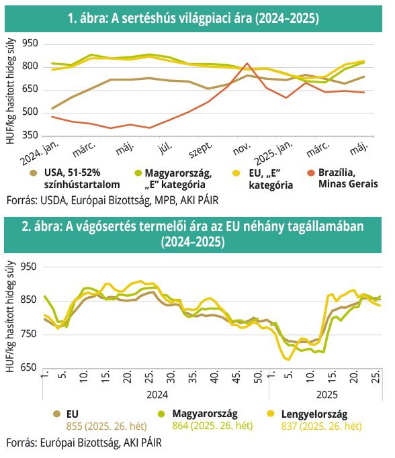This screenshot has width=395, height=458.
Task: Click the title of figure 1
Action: (193, 19)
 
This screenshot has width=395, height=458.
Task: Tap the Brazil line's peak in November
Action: (247, 63)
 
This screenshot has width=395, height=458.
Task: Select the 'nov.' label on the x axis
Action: (242, 149)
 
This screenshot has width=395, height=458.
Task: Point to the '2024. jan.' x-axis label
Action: (40, 153)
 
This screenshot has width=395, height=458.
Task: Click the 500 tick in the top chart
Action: (30, 112)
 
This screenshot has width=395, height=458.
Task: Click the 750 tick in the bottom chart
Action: (28, 334)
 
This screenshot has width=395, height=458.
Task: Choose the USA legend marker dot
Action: (34, 173)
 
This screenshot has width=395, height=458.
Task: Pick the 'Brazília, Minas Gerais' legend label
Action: (348, 178)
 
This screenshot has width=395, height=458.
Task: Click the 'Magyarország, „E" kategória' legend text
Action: (178, 179)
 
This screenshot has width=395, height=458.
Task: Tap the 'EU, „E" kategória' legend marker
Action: (236, 173)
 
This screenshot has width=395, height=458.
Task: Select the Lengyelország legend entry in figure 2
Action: (314, 414)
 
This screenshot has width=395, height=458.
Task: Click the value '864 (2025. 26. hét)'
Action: (212, 426)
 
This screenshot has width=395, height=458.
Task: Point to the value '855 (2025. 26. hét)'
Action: (106, 426)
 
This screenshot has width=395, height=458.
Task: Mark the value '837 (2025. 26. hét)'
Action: (321, 426)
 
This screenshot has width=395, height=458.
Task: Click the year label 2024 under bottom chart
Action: (157, 395)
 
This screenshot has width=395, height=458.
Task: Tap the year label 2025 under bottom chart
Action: (327, 395)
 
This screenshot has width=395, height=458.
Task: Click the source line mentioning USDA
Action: (112, 201)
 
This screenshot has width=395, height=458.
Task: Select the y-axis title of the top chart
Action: (10, 91)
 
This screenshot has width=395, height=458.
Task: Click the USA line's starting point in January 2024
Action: (52, 108)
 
